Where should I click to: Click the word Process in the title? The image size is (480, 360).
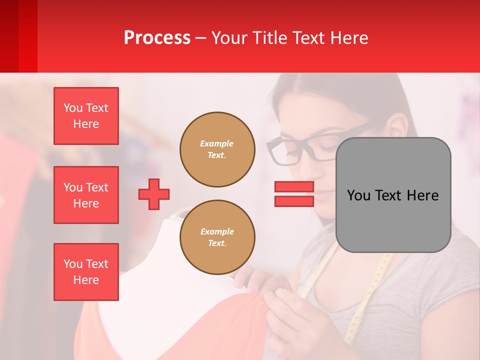coord(157,38)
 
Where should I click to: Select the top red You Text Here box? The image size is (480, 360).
coord(86,116)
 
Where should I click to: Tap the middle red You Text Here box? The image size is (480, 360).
coord(86,195)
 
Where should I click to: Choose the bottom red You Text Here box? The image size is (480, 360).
coord(86,272)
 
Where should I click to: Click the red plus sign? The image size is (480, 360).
coord(154,194)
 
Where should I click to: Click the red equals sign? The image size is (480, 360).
coord(294,194)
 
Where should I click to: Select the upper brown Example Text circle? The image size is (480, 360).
coord(217,149)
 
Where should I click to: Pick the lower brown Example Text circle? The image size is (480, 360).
coord(217,237)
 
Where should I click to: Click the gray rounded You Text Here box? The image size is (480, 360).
coord(393,195)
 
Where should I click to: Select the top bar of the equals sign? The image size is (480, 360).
coord(294,187)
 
